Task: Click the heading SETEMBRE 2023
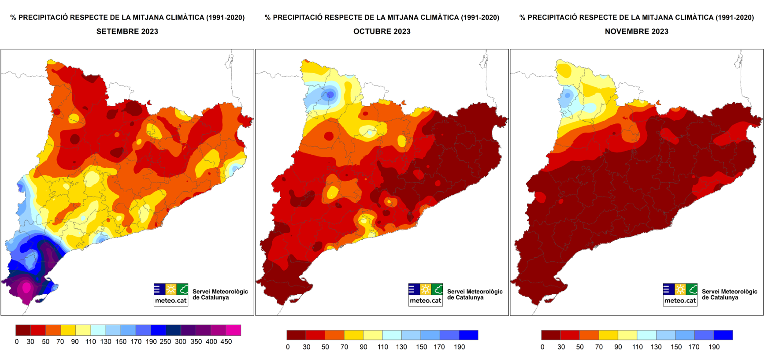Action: pos(127,31)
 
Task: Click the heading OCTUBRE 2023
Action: pos(382,31)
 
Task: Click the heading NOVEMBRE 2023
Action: pos(636,31)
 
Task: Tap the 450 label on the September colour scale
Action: pos(226,341)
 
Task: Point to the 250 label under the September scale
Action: pos(165,341)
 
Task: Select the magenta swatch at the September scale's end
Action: pos(234,330)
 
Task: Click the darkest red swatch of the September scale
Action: pos(23,330)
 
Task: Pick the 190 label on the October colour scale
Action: pos(459,347)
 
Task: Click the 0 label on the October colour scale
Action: pos(288,347)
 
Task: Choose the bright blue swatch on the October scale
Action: pos(468,335)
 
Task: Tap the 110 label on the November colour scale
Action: pos(637,347)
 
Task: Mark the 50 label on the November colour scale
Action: pos(580,347)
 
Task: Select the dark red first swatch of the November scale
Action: pos(551,335)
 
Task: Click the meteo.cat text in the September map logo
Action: pos(171,301)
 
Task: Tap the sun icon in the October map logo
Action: pos(425,289)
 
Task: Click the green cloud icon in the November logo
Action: pos(692,289)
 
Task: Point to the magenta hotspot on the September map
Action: pos(26,287)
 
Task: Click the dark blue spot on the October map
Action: pos(330,94)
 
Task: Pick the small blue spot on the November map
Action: pos(568,95)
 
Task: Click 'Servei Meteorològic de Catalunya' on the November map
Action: pos(729,294)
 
